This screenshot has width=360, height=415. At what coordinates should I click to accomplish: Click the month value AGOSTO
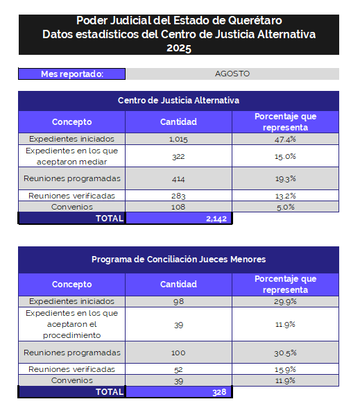click(232, 74)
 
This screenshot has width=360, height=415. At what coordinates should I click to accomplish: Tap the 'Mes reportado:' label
click(72, 74)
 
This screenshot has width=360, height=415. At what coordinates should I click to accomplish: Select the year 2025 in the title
click(179, 48)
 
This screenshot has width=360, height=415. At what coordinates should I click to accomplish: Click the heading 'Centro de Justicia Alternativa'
click(178, 101)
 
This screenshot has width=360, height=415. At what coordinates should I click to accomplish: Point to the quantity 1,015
click(178, 139)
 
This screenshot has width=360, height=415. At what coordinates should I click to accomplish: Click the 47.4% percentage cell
click(285, 139)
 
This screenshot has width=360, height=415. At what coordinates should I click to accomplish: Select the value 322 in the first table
click(178, 156)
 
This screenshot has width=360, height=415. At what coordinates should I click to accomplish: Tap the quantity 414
click(178, 179)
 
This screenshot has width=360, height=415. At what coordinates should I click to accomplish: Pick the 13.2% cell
click(285, 196)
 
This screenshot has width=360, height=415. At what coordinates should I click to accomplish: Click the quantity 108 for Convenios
click(178, 207)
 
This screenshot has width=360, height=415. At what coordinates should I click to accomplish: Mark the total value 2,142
click(216, 219)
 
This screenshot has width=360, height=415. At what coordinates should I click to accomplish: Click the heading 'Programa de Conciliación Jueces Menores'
click(178, 260)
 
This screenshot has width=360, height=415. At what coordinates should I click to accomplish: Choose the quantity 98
click(178, 301)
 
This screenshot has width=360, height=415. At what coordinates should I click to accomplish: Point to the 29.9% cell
click(285, 301)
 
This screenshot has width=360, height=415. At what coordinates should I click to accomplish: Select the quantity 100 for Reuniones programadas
click(178, 353)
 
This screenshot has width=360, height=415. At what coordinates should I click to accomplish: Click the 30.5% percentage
click(285, 353)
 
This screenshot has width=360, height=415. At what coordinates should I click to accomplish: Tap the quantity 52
click(178, 370)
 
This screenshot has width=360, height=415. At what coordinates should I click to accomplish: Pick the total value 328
click(219, 392)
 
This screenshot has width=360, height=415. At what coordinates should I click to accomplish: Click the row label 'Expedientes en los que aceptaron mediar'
click(72, 156)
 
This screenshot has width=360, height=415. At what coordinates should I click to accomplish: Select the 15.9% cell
click(285, 370)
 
